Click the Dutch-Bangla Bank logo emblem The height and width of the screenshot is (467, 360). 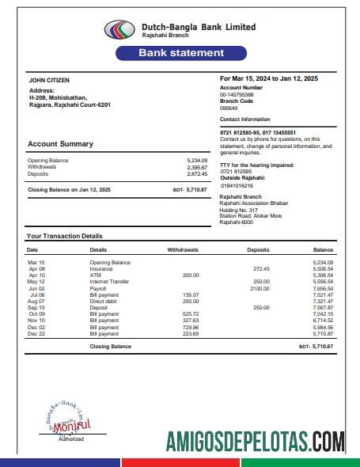(x=120, y=30)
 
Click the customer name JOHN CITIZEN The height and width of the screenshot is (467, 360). (x=49, y=80)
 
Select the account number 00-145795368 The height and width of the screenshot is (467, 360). (x=237, y=94)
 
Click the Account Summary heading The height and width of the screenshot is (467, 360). (x=60, y=144)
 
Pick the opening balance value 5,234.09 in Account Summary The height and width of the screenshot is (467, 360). (x=196, y=161)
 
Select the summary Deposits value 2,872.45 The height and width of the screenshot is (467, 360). (x=196, y=173)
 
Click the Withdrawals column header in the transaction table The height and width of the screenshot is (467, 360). (x=183, y=249)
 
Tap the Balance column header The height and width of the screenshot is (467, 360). (x=323, y=249)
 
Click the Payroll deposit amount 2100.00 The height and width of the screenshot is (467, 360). (x=260, y=288)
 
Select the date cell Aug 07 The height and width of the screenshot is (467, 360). (x=36, y=302)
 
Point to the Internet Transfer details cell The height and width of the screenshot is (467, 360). (x=108, y=281)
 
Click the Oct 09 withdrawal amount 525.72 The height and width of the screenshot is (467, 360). (x=190, y=314)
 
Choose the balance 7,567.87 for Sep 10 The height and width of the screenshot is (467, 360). (x=323, y=308)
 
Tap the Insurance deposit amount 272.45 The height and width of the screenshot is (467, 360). (x=261, y=268)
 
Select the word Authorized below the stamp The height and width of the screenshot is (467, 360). (x=70, y=439)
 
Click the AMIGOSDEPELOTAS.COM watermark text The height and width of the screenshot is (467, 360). (x=255, y=441)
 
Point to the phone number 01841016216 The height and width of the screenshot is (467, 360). (x=237, y=184)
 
